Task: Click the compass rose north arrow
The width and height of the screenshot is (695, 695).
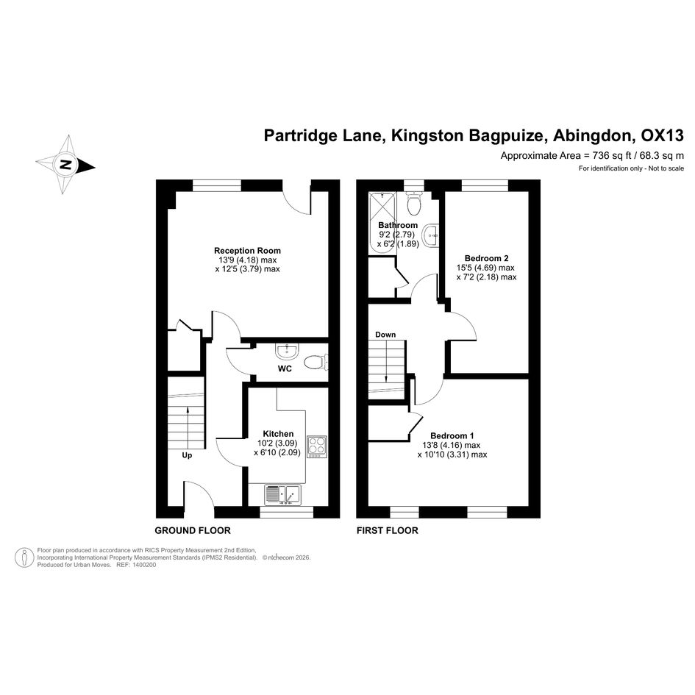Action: tap(66, 165)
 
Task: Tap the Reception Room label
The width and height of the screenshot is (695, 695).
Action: tap(247, 251)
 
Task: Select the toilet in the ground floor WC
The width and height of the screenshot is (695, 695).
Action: tap(316, 361)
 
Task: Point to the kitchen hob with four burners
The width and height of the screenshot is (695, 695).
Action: tap(317, 446)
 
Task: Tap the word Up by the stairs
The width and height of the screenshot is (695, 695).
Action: tap(188, 455)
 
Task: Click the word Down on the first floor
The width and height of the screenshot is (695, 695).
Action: tap(385, 335)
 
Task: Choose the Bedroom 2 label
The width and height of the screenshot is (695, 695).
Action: tap(487, 258)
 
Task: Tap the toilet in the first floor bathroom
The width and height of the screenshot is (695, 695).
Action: tap(414, 202)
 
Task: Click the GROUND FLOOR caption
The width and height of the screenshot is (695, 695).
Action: tap(193, 530)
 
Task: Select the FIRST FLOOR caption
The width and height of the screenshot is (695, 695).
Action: tap(387, 530)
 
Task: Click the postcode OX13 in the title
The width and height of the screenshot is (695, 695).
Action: tap(662, 135)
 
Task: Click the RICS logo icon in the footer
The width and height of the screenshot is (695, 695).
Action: tap(25, 557)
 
